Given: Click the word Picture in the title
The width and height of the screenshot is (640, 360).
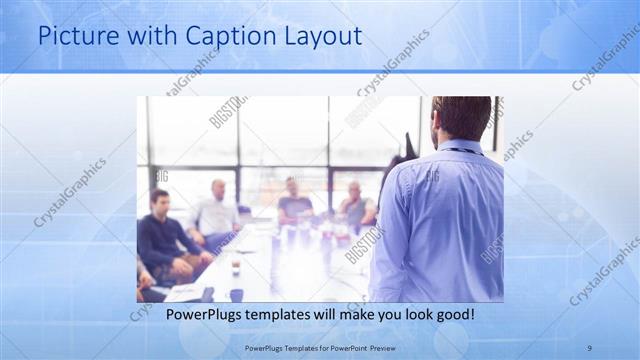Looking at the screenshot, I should [73, 37].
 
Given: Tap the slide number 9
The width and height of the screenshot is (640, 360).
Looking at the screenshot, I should [589, 347].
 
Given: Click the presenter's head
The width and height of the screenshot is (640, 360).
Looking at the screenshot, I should [462, 117].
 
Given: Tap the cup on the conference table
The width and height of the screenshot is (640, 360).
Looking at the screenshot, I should [234, 267].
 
